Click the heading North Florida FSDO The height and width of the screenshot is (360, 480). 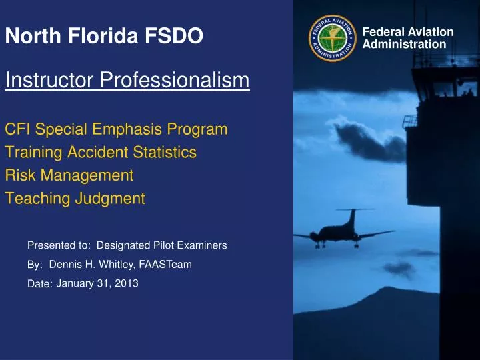[104, 36]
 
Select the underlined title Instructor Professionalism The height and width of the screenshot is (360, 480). [127, 81]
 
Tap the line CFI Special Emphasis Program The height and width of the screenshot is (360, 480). [116, 129]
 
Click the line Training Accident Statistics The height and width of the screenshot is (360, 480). [101, 153]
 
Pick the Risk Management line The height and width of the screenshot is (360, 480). [69, 175]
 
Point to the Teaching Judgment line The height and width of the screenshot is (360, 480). [75, 198]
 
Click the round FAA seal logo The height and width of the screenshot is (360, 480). [331, 38]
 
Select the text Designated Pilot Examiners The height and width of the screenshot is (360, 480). [162, 246]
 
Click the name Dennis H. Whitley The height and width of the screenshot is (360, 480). [92, 265]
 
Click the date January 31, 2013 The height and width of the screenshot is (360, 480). [97, 284]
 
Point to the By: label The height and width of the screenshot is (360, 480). [35, 265]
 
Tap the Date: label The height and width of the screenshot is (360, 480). [40, 285]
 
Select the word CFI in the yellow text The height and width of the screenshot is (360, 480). [18, 129]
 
